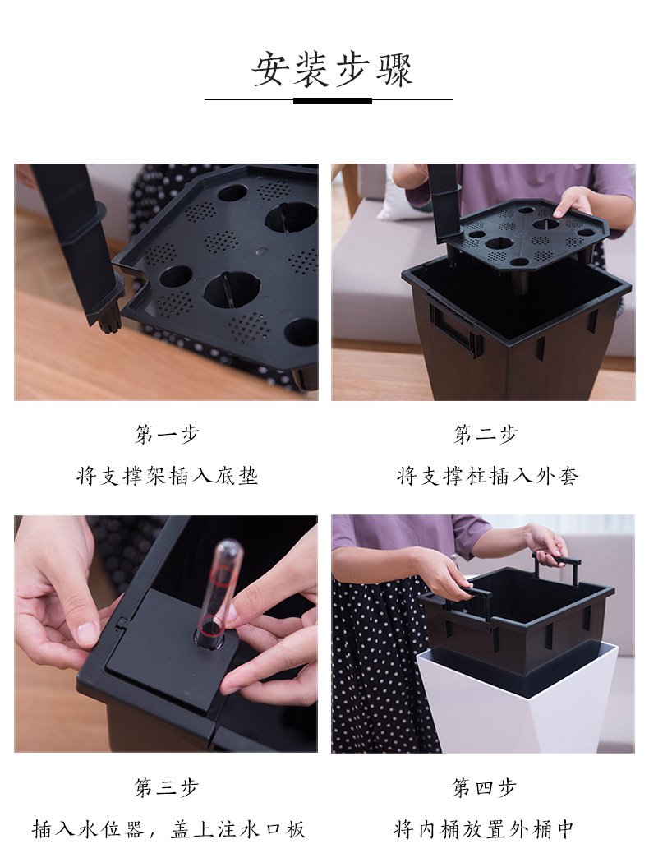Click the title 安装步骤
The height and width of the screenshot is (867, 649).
point(332,70)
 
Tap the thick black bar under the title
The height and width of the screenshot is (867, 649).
point(332,100)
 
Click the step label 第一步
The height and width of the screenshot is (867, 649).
point(167,434)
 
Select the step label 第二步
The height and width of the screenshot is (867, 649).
point(486,434)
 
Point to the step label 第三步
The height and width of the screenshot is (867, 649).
point(167,787)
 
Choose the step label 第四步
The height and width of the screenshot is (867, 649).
point(484,787)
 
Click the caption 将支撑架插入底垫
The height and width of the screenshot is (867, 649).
point(168,476)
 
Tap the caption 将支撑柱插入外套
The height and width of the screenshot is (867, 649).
point(487,476)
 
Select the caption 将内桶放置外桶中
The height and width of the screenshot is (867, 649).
point(484,829)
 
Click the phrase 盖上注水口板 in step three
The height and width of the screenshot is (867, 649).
point(238,829)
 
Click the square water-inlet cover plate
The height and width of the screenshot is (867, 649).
point(166,647)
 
